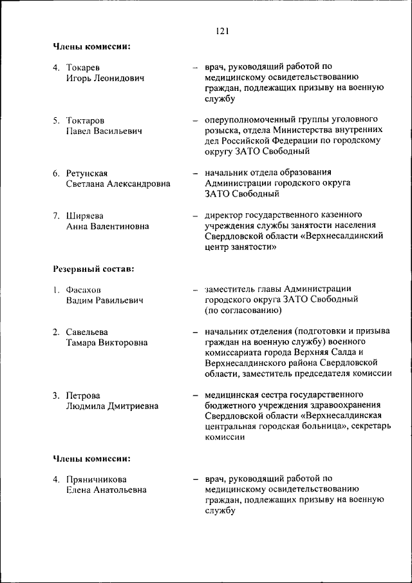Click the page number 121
(223, 30)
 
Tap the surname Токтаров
(86, 120)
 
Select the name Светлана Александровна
(118, 184)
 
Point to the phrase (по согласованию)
(243, 311)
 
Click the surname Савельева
(87, 332)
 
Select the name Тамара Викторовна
(106, 343)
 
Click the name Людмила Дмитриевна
(112, 406)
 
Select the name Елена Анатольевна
(106, 490)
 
